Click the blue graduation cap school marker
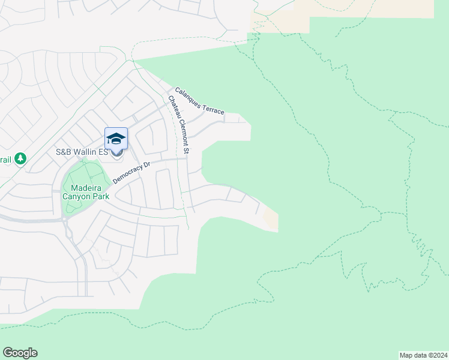[x=116, y=140]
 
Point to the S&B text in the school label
[x=63, y=152]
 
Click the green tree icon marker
[x=21, y=158]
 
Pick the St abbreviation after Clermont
[x=185, y=151]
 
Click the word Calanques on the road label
[x=190, y=98]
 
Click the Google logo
[x=20, y=353]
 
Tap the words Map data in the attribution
[x=413, y=355]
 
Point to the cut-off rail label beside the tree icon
[x=5, y=159]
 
